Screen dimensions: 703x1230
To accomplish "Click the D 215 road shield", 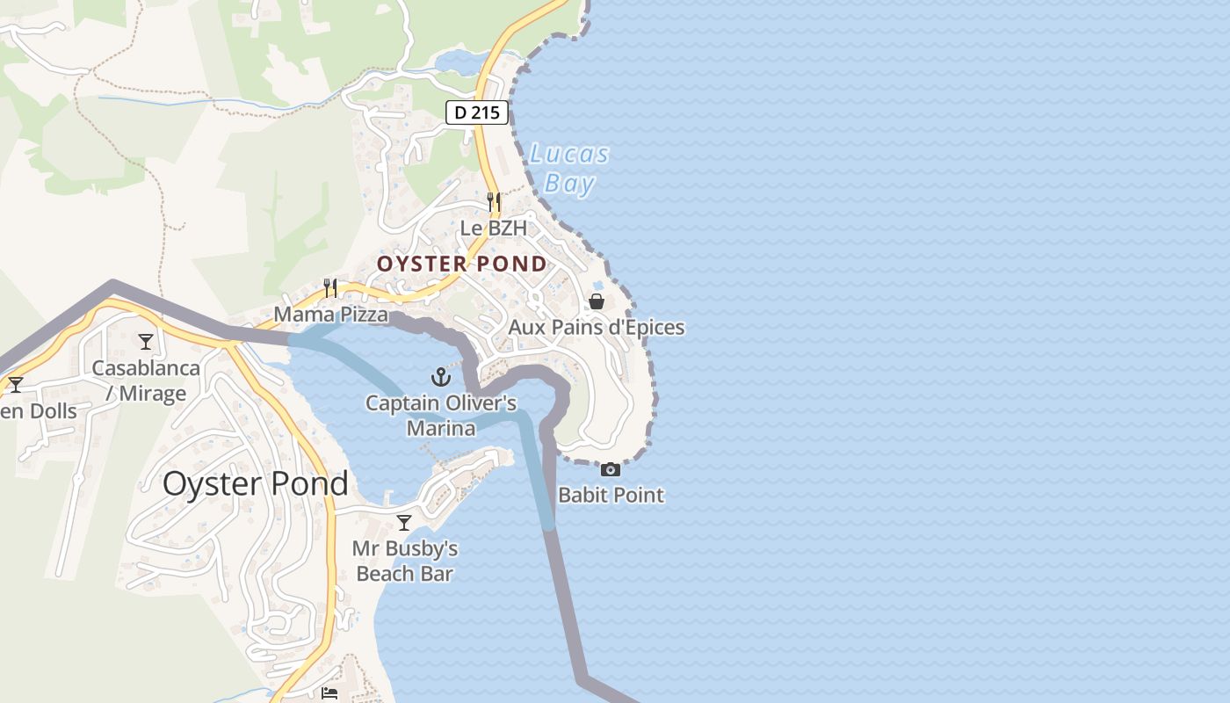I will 477,112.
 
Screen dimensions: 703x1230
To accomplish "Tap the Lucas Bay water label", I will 568,169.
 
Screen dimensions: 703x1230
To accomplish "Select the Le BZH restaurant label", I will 494,228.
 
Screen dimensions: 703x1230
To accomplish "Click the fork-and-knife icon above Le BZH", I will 494,202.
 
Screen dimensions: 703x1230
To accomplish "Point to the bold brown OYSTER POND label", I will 462,264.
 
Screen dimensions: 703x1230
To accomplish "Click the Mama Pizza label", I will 330,314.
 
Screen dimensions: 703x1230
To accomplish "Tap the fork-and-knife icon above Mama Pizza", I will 330,287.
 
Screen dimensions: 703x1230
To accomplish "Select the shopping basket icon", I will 597,301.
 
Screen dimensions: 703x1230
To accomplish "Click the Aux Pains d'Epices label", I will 597,328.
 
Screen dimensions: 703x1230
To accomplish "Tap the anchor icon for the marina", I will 440,377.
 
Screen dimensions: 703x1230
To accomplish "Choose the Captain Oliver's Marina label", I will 441,416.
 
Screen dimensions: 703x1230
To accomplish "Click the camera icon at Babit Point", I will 611,469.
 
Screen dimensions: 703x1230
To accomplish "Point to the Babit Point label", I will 611,495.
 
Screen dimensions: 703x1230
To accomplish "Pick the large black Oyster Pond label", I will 255,484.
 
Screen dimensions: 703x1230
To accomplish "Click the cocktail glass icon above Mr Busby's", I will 404,523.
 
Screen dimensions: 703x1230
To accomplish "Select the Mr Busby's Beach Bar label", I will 405,562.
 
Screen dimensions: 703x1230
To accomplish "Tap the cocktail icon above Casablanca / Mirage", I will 146,341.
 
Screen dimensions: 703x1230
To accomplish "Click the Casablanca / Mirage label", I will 146,380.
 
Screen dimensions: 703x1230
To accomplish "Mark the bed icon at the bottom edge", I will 329,693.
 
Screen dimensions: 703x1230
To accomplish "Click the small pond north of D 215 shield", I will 457,62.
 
